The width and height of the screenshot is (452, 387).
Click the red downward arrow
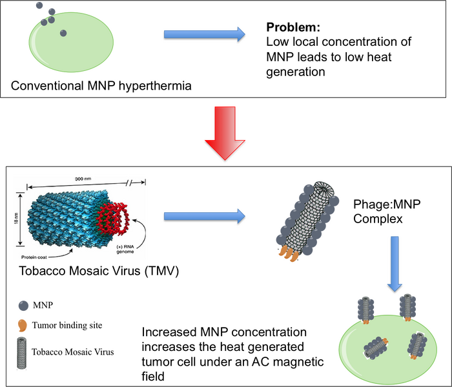click(225, 132)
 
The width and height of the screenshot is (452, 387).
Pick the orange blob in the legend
click(23, 324)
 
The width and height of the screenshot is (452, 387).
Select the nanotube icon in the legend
click(23, 352)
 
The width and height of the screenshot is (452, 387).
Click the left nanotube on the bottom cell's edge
click(366, 308)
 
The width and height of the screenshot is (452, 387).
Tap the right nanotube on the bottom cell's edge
click(407, 305)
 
